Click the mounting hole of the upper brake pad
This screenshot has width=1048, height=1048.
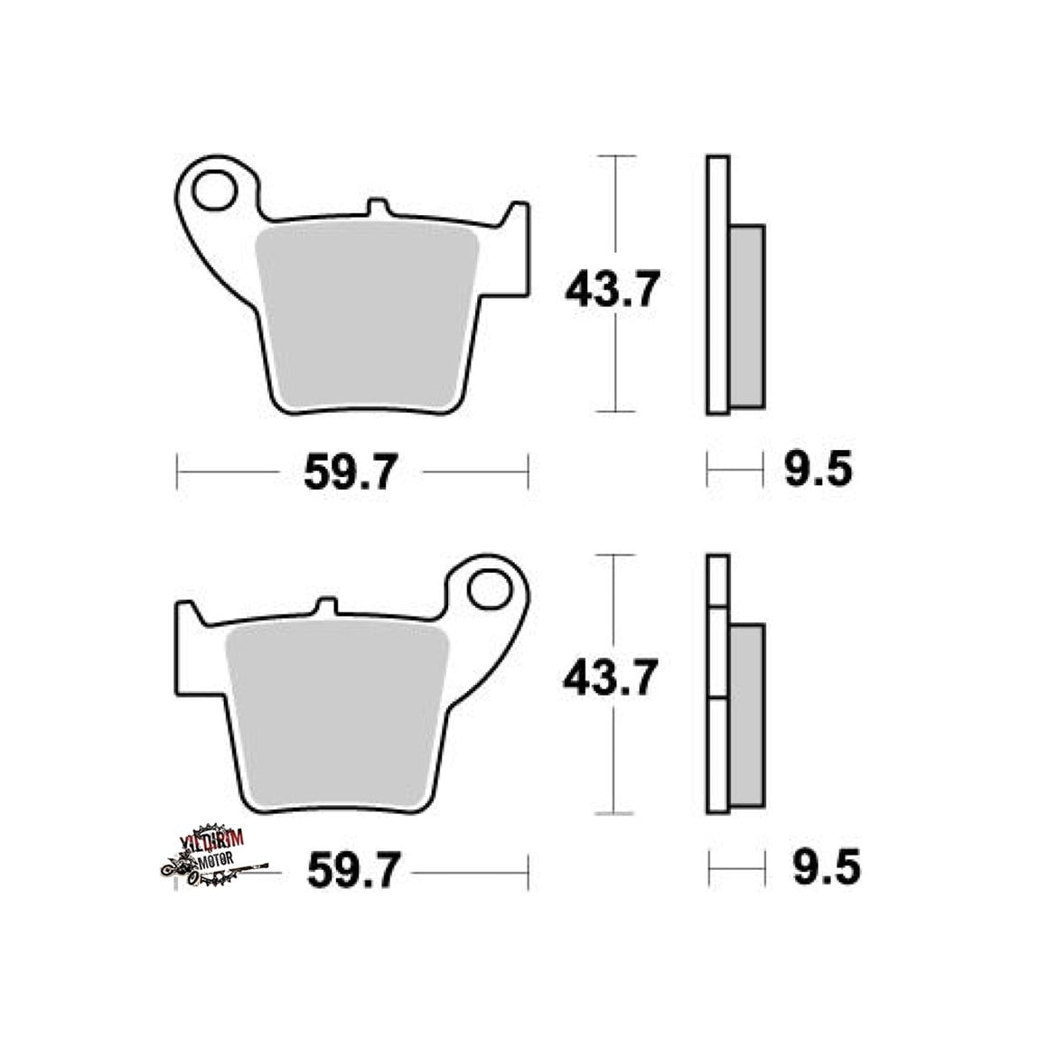click(214, 191)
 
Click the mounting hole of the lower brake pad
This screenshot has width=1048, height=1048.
click(490, 589)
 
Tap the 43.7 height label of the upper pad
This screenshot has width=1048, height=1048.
click(613, 289)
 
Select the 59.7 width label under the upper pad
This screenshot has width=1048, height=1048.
click(351, 472)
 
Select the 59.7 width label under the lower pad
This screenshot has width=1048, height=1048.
click(354, 869)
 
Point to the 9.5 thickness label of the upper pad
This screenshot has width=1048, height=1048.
click(819, 469)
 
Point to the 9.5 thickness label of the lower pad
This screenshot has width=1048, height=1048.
click(827, 867)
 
